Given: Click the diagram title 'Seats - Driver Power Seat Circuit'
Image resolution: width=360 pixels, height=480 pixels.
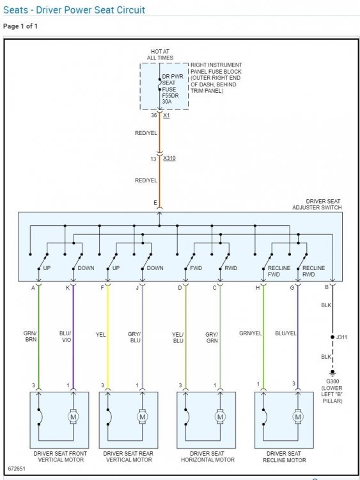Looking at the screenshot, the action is pyautogui.click(x=74, y=10).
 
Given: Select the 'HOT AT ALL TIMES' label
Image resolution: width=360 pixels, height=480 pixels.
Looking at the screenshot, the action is pyautogui.click(x=160, y=54).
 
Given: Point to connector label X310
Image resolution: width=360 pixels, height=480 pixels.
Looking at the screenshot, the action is pyautogui.click(x=169, y=158).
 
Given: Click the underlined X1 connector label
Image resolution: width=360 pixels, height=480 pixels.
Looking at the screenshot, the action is pyautogui.click(x=166, y=115).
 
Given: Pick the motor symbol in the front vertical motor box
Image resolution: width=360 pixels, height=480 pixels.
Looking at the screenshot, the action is pyautogui.click(x=73, y=417).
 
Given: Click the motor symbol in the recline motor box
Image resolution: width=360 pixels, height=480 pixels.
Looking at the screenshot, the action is pyautogui.click(x=298, y=417).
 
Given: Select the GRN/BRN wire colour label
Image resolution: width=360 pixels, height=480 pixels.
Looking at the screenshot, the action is pyautogui.click(x=30, y=336).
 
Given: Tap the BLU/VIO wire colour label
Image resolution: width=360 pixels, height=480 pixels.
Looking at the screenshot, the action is pyautogui.click(x=65, y=336).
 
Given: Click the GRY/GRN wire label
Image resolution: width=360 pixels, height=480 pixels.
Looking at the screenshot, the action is pyautogui.click(x=212, y=337).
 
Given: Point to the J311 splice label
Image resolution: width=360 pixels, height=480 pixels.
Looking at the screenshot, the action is pyautogui.click(x=341, y=337).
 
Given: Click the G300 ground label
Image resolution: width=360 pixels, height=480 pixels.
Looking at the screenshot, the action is pyautogui.click(x=333, y=381).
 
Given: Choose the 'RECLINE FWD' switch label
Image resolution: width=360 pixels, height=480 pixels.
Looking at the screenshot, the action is pyautogui.click(x=279, y=271).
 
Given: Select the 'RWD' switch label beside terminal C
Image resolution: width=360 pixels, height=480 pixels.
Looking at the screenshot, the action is pyautogui.click(x=231, y=268).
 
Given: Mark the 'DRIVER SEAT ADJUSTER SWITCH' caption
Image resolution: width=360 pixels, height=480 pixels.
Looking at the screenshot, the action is pyautogui.click(x=317, y=204).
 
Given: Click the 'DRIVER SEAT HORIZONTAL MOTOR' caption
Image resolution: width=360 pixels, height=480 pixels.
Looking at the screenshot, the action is pyautogui.click(x=208, y=456).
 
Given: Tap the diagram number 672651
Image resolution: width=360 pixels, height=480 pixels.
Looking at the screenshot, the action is pyautogui.click(x=17, y=468).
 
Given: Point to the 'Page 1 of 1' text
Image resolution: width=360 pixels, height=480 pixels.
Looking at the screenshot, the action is pyautogui.click(x=20, y=26).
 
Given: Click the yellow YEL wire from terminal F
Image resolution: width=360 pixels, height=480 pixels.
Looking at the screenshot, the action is pyautogui.click(x=107, y=337).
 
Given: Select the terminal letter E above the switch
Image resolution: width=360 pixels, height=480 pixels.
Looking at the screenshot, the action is pyautogui.click(x=155, y=203).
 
